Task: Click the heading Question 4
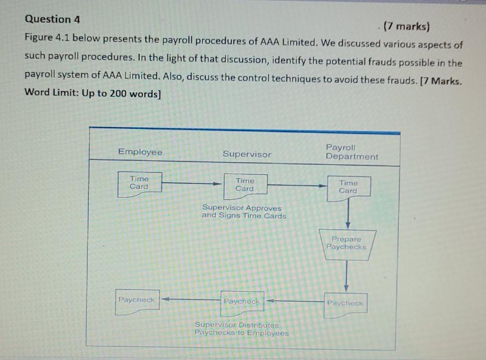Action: point(52,20)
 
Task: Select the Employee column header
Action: point(140,152)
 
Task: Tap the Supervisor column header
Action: point(247,154)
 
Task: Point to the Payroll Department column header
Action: point(351,152)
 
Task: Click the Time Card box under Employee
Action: point(139,184)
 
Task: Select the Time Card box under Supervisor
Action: point(245,186)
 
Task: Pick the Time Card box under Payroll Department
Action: point(348,187)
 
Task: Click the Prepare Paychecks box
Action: point(347,243)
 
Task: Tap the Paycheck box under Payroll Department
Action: point(345,304)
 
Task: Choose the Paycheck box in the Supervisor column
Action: point(242,302)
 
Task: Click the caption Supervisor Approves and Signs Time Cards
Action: point(244,212)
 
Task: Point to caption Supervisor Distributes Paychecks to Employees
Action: point(242,329)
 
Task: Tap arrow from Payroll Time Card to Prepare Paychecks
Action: point(348,212)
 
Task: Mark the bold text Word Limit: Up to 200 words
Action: point(92,93)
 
